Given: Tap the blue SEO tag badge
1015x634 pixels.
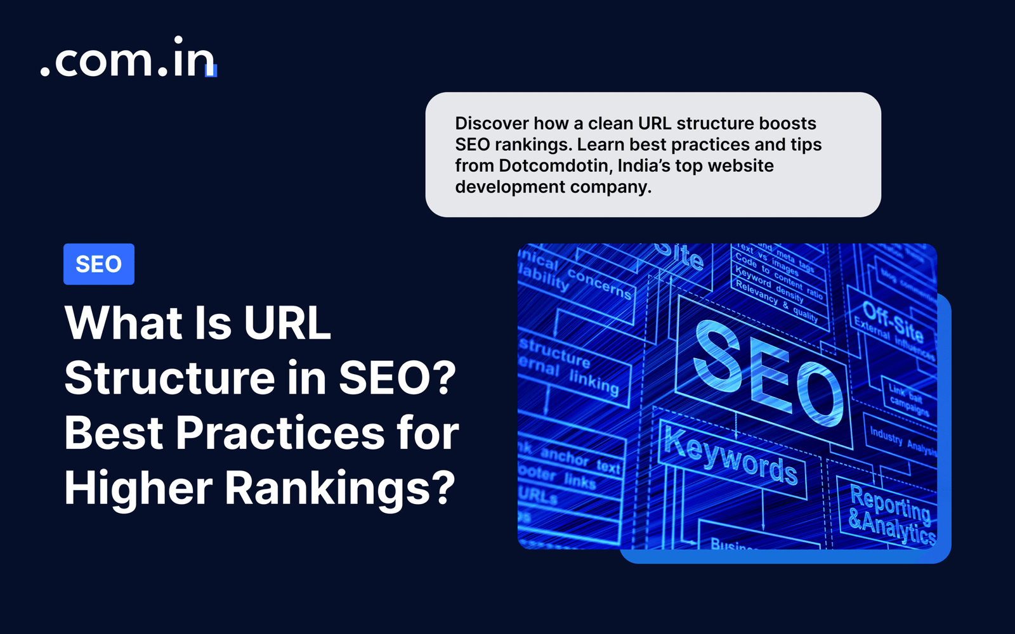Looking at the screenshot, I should click(x=98, y=264).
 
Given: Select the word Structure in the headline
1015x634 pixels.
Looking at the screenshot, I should click(x=169, y=378).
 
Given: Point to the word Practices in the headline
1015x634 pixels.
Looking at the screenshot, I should click(x=280, y=433).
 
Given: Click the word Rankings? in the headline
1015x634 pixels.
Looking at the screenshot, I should click(x=340, y=488).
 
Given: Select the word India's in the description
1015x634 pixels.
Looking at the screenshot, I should click(x=644, y=165).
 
